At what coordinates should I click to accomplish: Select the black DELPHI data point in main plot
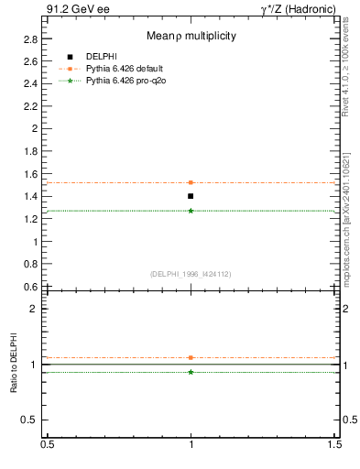pyautogui.click(x=191, y=196)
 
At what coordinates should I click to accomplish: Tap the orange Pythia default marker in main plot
pyautogui.click(x=191, y=182)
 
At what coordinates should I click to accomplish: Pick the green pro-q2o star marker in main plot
pyautogui.click(x=191, y=211)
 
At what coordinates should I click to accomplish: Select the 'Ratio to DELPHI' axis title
pyautogui.click(x=14, y=364)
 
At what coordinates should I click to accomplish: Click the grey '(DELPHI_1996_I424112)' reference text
pyautogui.click(x=191, y=273)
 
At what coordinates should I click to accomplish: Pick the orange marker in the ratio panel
pyautogui.click(x=191, y=357)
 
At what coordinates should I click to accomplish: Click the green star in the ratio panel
pyautogui.click(x=191, y=372)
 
